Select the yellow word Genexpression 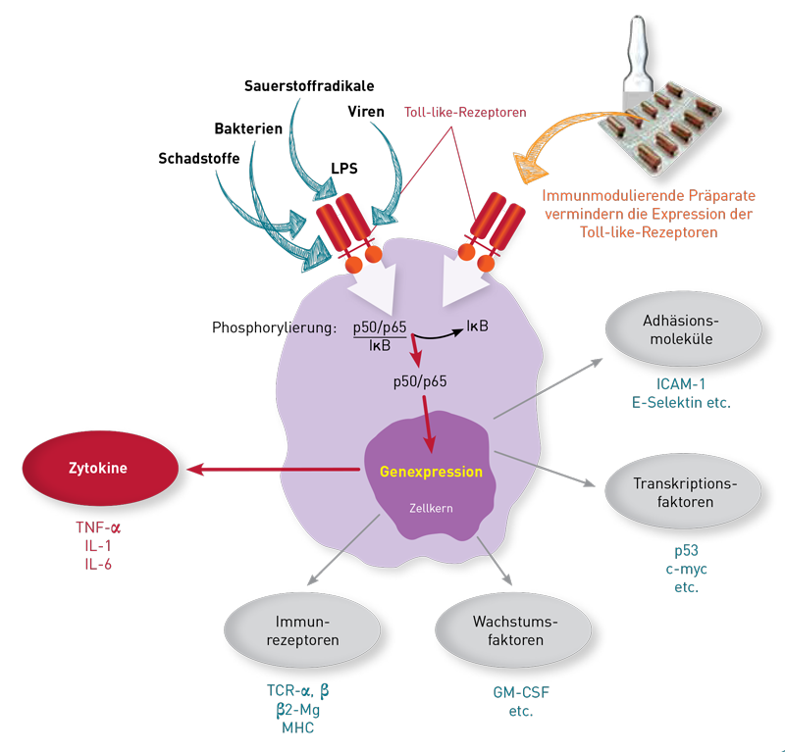432,472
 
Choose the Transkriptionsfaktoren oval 684,493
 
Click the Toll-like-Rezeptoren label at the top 465,113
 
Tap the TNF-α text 98,527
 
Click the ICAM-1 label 683,383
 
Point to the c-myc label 683,570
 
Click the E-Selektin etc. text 683,402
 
